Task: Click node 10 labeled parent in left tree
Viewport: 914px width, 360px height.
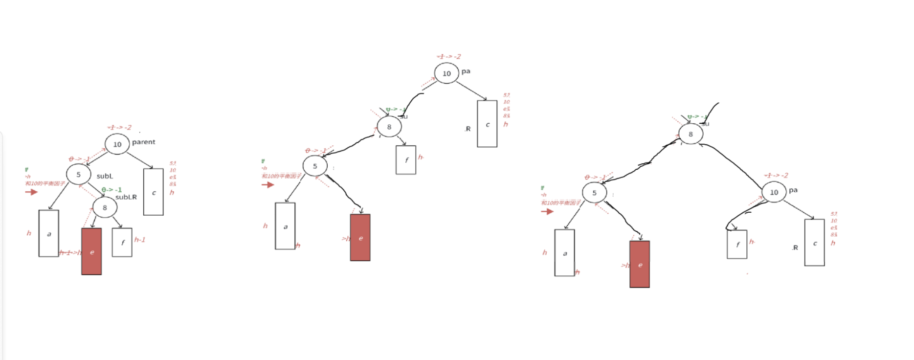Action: click(x=117, y=144)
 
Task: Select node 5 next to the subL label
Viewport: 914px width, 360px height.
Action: click(x=78, y=175)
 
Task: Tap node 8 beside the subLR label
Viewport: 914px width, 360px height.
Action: click(x=105, y=207)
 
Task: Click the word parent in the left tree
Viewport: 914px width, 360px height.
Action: click(x=143, y=142)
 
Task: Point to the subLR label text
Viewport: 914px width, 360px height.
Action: click(x=126, y=197)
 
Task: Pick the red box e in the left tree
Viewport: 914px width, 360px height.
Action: click(x=91, y=251)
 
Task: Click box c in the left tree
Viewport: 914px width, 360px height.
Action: click(x=153, y=192)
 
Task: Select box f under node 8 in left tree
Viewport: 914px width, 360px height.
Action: click(x=122, y=242)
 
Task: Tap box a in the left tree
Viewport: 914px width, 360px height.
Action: click(x=48, y=233)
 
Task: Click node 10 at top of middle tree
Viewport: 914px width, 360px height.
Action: click(x=446, y=73)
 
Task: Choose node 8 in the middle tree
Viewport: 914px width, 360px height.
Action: click(x=389, y=127)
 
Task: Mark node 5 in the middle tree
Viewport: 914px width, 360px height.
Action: click(x=315, y=166)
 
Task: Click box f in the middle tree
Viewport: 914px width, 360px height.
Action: click(x=406, y=159)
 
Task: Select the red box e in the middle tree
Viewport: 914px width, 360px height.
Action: click(x=360, y=238)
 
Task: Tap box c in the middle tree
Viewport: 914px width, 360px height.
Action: click(x=487, y=124)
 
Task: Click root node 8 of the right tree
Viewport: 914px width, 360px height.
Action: click(x=691, y=134)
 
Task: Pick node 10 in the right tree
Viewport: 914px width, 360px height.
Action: click(x=774, y=192)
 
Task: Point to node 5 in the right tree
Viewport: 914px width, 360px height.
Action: click(x=594, y=193)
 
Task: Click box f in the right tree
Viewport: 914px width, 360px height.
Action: click(x=737, y=244)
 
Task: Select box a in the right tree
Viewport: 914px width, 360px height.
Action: click(x=564, y=253)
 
